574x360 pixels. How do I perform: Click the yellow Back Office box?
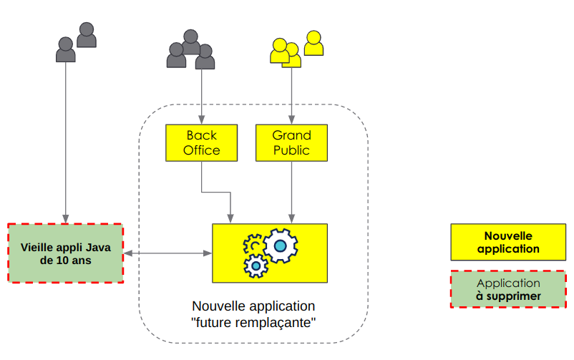pyautogui.click(x=201, y=142)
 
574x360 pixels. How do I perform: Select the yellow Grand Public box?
pyautogui.click(x=291, y=142)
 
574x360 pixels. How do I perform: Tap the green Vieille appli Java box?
pyautogui.click(x=66, y=253)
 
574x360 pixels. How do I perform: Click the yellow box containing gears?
pyautogui.click(x=269, y=253)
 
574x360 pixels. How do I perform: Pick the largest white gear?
pyautogui.click(x=280, y=246)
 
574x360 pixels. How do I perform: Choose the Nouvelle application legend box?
pyautogui.click(x=507, y=242)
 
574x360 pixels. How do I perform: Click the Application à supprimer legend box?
pyautogui.click(x=507, y=289)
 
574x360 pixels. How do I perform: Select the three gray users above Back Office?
pyautogui.click(x=191, y=51)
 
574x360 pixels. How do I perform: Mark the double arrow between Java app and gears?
pyautogui.click(x=167, y=253)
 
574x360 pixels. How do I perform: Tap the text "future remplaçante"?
pyautogui.click(x=254, y=322)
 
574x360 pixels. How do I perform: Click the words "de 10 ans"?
pyautogui.click(x=66, y=261)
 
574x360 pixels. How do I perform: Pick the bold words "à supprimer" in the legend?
pyautogui.click(x=508, y=296)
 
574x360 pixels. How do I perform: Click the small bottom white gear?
pyautogui.click(x=256, y=267)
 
